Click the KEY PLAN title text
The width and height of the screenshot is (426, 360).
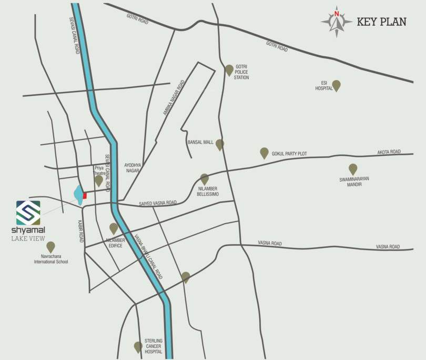[381, 22]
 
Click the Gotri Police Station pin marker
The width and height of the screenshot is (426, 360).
[229, 70]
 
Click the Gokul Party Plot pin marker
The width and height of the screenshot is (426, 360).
[264, 153]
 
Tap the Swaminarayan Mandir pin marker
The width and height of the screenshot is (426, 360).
[353, 169]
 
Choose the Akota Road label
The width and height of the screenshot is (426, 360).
[389, 152]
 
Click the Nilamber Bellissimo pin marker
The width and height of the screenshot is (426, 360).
[205, 179]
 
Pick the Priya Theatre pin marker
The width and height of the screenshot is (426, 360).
[98, 181]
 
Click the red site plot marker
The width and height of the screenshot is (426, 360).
[85, 195]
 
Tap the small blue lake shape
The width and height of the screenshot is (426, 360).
[78, 195]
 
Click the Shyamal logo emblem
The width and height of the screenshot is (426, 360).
[27, 213]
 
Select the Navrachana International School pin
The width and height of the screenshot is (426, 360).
[50, 246]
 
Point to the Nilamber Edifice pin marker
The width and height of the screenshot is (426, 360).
[114, 228]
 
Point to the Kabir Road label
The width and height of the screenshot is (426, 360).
[82, 231]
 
